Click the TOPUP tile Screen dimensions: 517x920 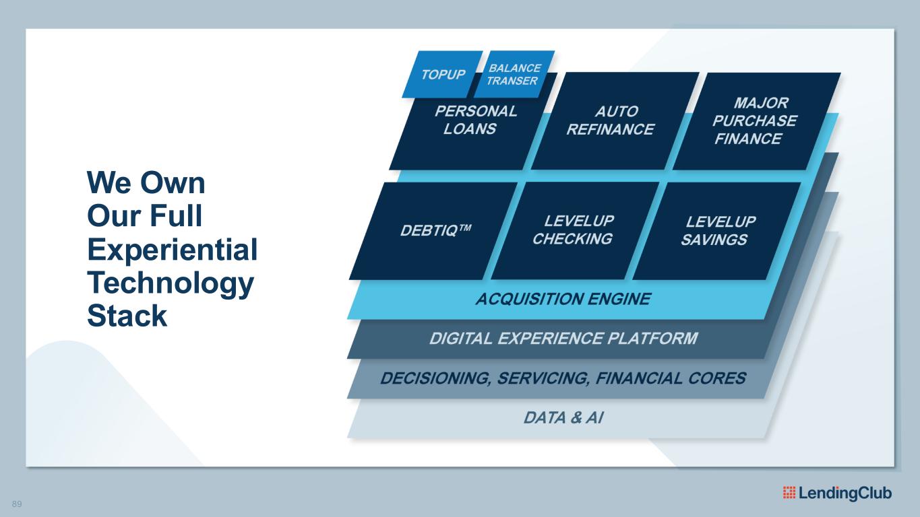click(443, 74)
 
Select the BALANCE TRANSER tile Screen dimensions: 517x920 click(514, 74)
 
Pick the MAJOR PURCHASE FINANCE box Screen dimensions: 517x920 click(754, 120)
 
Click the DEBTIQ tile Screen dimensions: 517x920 click(435, 230)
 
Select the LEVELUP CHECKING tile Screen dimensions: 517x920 click(574, 230)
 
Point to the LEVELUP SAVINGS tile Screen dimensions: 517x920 click(718, 230)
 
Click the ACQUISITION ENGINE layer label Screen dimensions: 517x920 click(563, 300)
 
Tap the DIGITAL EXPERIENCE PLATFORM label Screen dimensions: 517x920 click(563, 339)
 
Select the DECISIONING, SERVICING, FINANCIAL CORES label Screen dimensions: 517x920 click(563, 378)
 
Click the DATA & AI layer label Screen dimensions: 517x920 click(563, 418)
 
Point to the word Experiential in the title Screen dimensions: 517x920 click(173, 250)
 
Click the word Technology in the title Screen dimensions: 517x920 click(170, 283)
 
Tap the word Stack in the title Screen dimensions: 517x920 click(127, 315)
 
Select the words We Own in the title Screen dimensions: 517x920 click(146, 183)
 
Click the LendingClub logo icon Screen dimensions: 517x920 click(789, 493)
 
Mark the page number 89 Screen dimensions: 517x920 click(17, 504)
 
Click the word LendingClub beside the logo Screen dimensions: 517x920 click(845, 493)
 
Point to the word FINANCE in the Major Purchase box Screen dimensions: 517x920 click(748, 139)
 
